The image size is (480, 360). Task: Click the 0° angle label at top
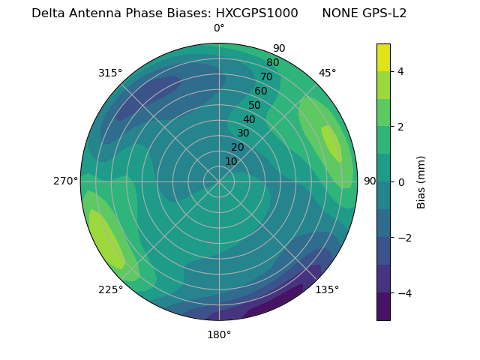[219, 28]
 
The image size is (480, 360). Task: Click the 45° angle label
[327, 73]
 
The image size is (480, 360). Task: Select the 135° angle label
[327, 289]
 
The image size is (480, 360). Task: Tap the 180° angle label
[219, 334]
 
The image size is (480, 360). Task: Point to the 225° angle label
[110, 290]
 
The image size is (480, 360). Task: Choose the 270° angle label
[66, 181]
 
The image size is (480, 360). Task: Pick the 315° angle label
[110, 73]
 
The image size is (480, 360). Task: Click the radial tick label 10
[231, 162]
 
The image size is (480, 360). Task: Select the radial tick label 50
[254, 106]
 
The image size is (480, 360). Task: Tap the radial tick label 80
[272, 63]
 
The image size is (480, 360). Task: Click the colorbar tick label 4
[401, 71]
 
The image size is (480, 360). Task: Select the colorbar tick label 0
[401, 182]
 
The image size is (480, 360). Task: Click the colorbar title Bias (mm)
[421, 181]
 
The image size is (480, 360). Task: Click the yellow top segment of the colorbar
[383, 58]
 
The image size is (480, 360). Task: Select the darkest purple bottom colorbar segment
[383, 307]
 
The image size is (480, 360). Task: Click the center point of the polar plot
[219, 181]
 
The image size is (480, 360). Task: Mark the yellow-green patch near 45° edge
[331, 142]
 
